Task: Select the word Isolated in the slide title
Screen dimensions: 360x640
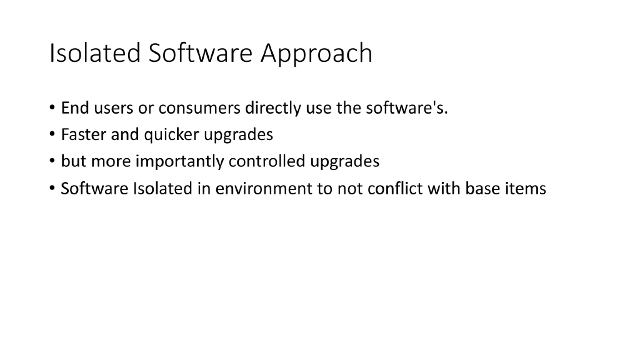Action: (x=95, y=53)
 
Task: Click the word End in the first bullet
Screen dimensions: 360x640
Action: (x=75, y=108)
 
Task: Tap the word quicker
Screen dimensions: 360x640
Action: (x=172, y=135)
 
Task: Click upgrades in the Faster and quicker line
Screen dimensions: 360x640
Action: (x=239, y=136)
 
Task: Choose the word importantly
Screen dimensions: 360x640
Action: (x=180, y=162)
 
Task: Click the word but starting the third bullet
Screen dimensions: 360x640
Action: (x=73, y=161)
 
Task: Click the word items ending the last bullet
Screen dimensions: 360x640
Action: (x=527, y=188)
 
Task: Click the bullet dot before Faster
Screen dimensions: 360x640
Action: (x=52, y=135)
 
